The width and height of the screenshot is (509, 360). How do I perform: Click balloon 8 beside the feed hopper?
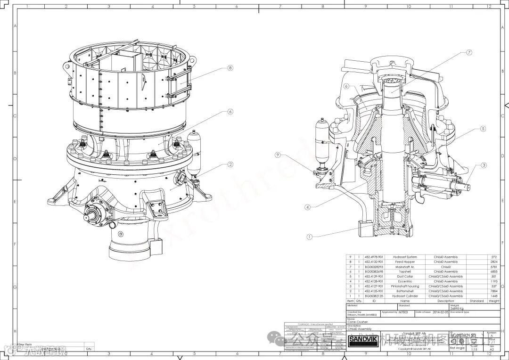230,68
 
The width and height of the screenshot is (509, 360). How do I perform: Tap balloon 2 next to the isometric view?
230,164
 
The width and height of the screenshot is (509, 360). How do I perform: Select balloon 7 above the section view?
469,53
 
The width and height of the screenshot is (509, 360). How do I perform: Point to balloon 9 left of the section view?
278,155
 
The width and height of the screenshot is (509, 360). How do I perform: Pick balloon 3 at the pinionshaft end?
484,165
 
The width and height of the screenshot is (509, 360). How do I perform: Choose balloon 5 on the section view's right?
483,128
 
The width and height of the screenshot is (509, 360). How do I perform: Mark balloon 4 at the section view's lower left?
307,206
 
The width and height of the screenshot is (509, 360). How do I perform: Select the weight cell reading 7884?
494,291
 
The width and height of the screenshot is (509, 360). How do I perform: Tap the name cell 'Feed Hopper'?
405,262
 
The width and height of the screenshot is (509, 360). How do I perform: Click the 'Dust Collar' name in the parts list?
405,277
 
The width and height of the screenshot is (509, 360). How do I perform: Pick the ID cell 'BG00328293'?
374,267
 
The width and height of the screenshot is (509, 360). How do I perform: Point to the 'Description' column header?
445,301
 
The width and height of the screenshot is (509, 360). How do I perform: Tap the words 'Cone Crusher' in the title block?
358,322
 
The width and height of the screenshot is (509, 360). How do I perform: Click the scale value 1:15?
474,349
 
